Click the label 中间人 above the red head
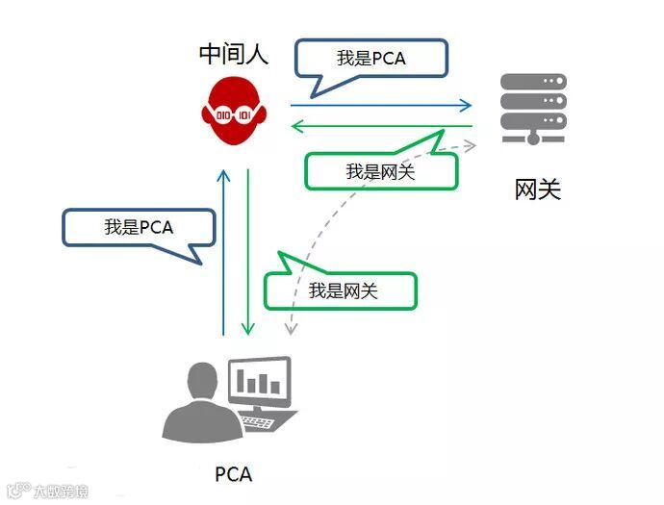234,54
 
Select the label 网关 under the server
537,189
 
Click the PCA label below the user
233,473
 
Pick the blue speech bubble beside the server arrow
370,59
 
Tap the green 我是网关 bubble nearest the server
380,171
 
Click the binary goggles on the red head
233,114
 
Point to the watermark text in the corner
48,492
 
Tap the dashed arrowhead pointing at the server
470,145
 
